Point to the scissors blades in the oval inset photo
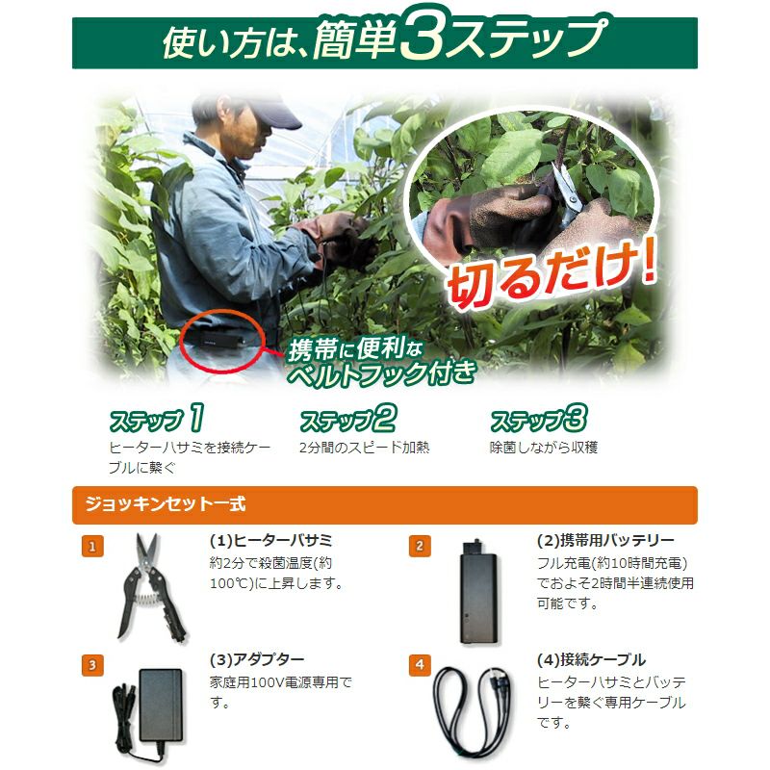click(567, 194)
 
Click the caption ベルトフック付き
click(381, 373)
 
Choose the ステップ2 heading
click(347, 419)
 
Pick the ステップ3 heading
click(539, 419)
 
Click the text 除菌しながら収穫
click(543, 448)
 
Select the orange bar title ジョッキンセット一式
click(166, 504)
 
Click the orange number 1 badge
click(92, 547)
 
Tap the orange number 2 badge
click(420, 546)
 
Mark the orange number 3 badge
click(92, 665)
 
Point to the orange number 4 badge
click(420, 665)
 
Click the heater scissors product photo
click(150, 587)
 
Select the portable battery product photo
click(478, 591)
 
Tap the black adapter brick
click(160, 705)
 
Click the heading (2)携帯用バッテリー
click(605, 541)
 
